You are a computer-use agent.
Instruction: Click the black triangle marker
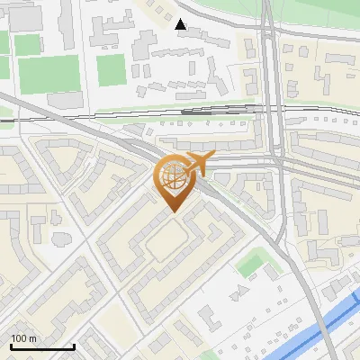pyautogui.click(x=182, y=25)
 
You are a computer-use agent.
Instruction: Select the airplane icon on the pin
pyautogui.click(x=197, y=163)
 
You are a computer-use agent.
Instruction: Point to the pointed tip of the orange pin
pyautogui.click(x=173, y=212)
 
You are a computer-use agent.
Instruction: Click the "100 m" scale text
pyautogui.click(x=23, y=338)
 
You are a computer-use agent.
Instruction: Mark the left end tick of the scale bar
pyautogui.click(x=11, y=346)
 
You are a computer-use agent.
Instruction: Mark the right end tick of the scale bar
pyautogui.click(x=74, y=346)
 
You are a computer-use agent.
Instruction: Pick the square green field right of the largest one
pyautogui.click(x=112, y=69)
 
